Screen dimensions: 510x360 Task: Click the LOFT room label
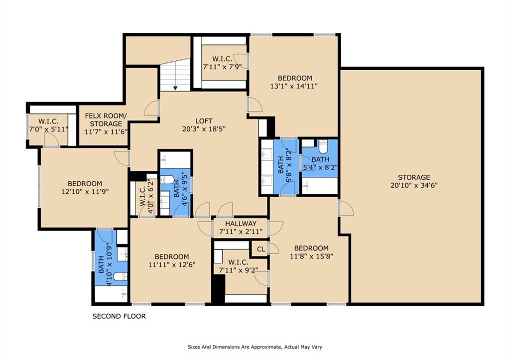tap(204, 121)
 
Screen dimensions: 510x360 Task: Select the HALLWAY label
tap(241, 224)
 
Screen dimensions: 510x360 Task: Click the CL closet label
tap(261, 249)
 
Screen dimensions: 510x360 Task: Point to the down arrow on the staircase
tap(175, 88)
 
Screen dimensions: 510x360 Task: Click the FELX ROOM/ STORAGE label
tap(106, 120)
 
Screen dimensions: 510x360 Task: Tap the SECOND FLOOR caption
tap(119, 316)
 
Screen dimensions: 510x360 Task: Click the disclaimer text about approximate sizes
tap(255, 347)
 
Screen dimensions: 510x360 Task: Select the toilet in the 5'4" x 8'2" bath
tap(323, 147)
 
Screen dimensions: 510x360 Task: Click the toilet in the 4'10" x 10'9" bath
tap(120, 276)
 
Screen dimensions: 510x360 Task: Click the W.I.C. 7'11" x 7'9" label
tap(223, 63)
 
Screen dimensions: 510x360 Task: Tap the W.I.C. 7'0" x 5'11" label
tap(49, 125)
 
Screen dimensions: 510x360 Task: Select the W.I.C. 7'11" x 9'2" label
tap(239, 266)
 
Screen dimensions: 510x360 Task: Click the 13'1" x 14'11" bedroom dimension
tap(294, 86)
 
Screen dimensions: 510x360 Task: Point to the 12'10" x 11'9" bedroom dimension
tap(85, 192)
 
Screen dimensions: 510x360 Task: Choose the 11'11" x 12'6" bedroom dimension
tap(172, 265)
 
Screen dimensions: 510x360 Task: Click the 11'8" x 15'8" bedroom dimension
tap(311, 256)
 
